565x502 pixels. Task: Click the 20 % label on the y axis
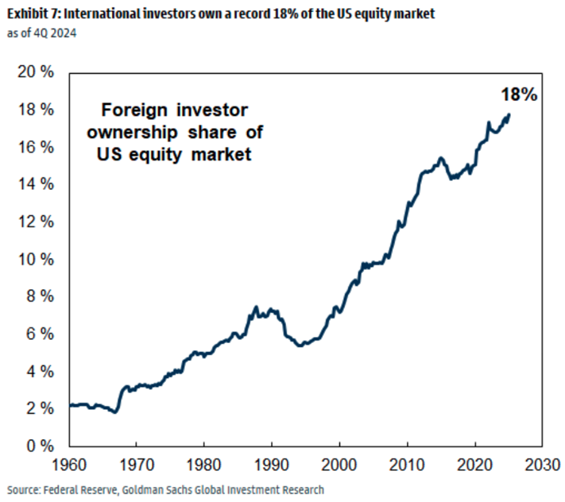point(37,72)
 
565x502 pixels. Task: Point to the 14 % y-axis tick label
point(37,184)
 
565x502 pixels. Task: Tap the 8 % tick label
point(40,296)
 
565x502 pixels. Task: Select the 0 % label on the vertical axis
point(40,446)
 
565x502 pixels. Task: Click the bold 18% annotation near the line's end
point(519,95)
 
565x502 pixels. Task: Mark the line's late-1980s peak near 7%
point(256,307)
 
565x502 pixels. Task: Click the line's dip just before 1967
point(116,412)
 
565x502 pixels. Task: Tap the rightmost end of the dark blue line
point(509,114)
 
